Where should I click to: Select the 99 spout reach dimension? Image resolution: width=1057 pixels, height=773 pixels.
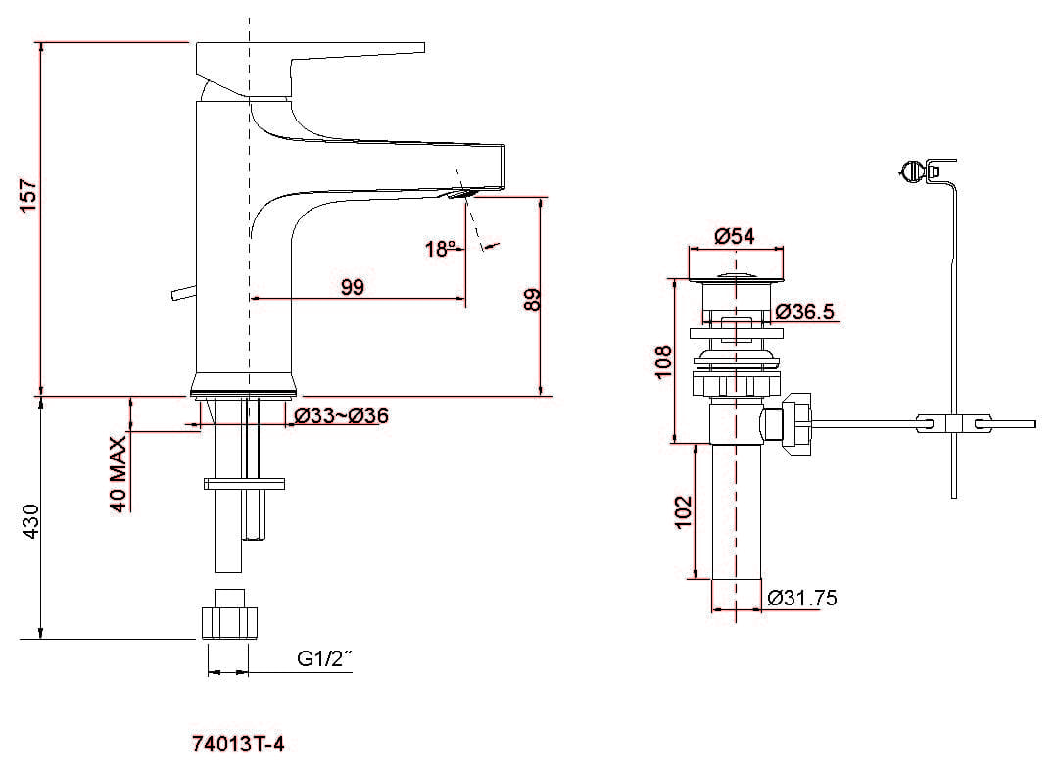click(x=352, y=287)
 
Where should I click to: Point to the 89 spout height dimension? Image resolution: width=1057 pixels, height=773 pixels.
click(x=533, y=299)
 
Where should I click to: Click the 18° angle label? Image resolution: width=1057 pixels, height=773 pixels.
click(x=440, y=249)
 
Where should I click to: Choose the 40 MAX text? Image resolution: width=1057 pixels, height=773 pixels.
click(x=118, y=474)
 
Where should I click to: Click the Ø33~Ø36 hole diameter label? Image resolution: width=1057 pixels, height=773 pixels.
click(x=341, y=415)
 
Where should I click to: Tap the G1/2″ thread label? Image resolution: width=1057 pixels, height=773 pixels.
click(x=324, y=659)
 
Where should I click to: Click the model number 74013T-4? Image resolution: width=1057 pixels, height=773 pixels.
click(x=239, y=745)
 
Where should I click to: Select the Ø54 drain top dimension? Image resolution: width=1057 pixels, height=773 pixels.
click(x=734, y=236)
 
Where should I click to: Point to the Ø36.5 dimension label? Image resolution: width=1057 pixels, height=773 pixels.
click(x=804, y=312)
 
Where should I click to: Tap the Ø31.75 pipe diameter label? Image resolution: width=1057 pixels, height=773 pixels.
click(x=802, y=598)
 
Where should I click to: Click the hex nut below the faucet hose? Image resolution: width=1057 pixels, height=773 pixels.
click(x=229, y=621)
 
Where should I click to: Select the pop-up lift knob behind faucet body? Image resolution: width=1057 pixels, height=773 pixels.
click(x=180, y=292)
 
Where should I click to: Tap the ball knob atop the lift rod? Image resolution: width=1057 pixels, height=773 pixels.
click(x=911, y=172)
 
